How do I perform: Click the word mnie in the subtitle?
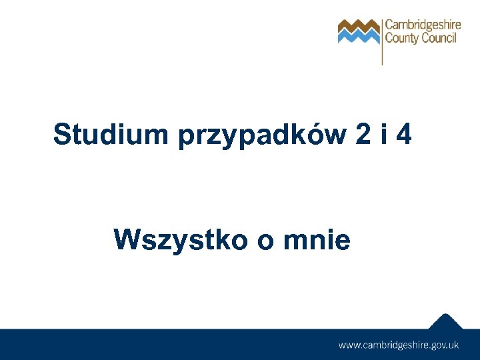pos(316,239)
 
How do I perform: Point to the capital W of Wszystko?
pos(127,239)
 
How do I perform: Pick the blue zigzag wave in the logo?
pos(358,35)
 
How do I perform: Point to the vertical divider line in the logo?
pos(382,40)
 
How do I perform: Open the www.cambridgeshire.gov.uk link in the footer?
pos(399,345)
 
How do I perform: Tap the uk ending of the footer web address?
pos(453,345)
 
